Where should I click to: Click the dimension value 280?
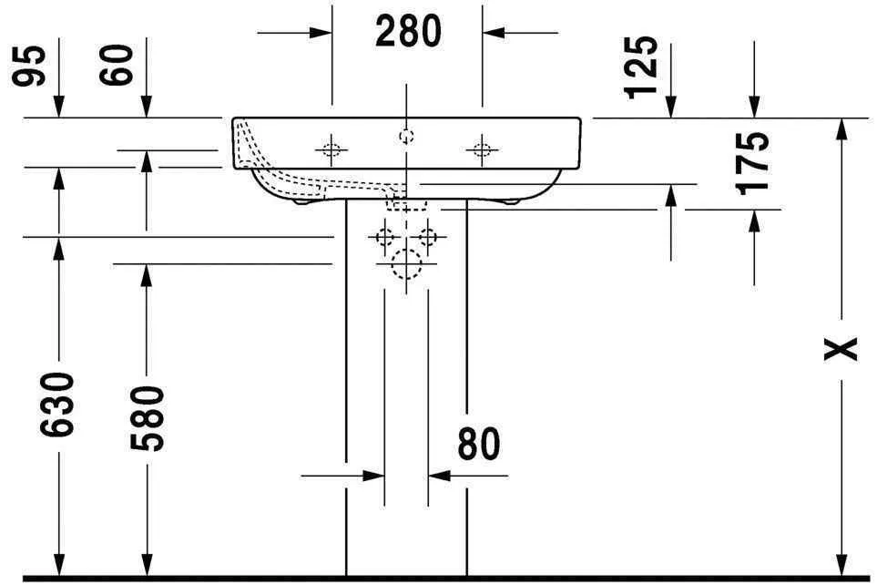pyautogui.click(x=407, y=33)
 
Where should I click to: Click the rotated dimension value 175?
pyautogui.click(x=754, y=163)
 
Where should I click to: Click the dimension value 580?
pyautogui.click(x=146, y=417)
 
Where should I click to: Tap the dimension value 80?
pyautogui.click(x=479, y=445)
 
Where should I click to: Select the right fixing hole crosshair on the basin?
pyautogui.click(x=481, y=149)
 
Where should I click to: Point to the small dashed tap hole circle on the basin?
pyautogui.click(x=406, y=137)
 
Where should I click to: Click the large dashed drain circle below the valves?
pyautogui.click(x=406, y=264)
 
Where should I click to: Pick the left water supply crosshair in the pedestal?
pyautogui.click(x=384, y=238)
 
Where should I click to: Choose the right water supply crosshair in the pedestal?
pyautogui.click(x=428, y=238)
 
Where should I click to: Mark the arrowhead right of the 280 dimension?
pyautogui.click(x=493, y=33)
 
